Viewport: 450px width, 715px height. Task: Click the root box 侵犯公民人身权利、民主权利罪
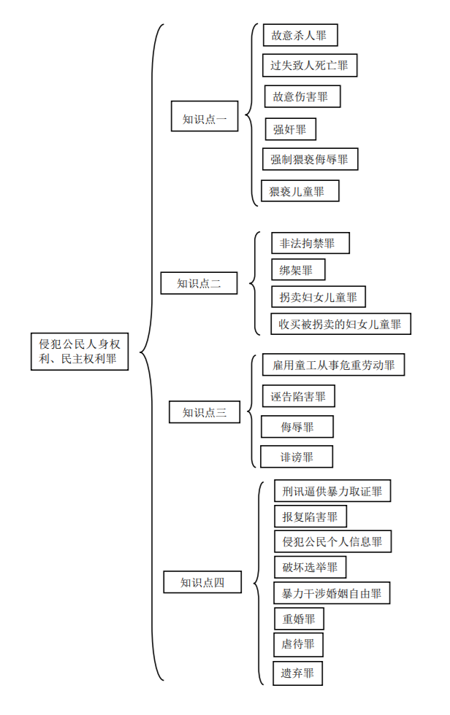(x=80, y=352)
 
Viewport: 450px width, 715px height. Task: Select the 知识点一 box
(x=205, y=116)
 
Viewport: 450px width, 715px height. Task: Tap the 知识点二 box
(x=199, y=283)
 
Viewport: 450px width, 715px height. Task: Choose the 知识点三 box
(x=205, y=412)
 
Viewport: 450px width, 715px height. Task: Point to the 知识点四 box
(x=202, y=581)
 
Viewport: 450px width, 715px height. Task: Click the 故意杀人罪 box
(x=300, y=35)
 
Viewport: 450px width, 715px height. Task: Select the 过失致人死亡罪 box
(x=310, y=66)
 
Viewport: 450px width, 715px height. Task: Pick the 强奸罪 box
(x=290, y=129)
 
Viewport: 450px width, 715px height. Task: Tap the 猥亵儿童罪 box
(x=300, y=191)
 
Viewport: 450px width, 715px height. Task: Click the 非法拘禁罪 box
(x=310, y=243)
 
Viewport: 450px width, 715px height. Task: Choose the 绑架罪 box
(x=297, y=270)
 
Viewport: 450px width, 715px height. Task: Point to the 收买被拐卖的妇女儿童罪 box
(x=340, y=324)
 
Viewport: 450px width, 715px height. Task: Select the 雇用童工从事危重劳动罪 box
(x=333, y=365)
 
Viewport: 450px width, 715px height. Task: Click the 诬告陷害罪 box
(x=298, y=396)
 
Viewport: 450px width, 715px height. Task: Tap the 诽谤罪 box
(x=297, y=457)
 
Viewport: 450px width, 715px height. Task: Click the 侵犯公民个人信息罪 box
(x=332, y=541)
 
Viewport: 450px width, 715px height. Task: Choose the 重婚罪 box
(x=299, y=619)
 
